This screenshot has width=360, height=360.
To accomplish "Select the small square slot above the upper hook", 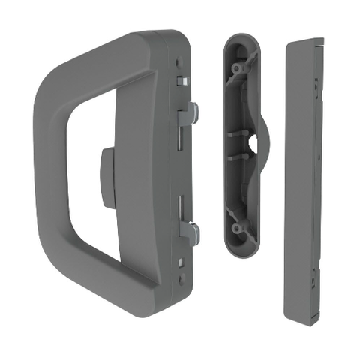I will (181, 79).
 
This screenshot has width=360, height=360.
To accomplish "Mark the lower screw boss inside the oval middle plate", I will (239, 228).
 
